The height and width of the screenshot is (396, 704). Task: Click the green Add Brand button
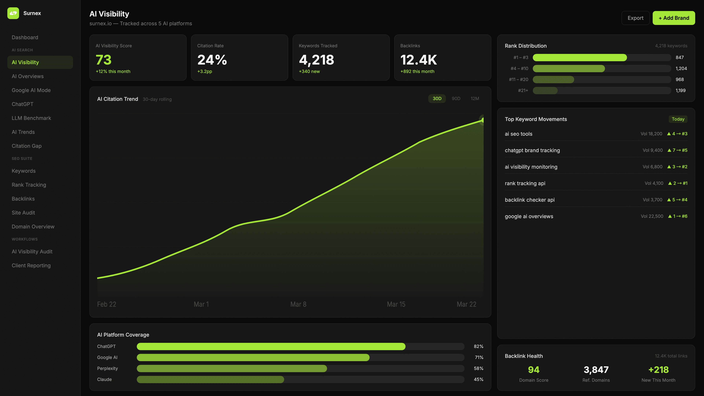click(x=674, y=18)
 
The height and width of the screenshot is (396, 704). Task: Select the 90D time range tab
click(x=456, y=98)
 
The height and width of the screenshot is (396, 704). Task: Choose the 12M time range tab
click(x=475, y=98)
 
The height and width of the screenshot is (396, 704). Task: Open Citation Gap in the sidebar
click(x=27, y=146)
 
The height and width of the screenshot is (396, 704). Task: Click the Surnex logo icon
click(x=13, y=13)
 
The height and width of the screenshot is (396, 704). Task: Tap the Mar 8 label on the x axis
click(x=298, y=304)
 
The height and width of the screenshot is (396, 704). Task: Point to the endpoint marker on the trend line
click(x=483, y=120)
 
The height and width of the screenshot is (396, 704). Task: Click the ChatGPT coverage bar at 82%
click(x=271, y=346)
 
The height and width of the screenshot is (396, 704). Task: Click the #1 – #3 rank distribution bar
click(x=580, y=57)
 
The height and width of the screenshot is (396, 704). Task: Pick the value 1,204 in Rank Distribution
click(x=681, y=68)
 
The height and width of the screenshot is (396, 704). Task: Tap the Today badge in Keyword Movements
click(x=678, y=119)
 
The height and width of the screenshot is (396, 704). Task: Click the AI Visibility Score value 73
click(x=104, y=60)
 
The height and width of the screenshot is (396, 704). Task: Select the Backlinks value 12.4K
click(x=418, y=60)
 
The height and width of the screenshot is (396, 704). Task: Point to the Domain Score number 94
click(x=533, y=370)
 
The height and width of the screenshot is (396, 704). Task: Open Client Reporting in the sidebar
click(x=31, y=265)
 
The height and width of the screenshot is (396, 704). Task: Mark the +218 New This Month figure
click(x=658, y=370)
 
